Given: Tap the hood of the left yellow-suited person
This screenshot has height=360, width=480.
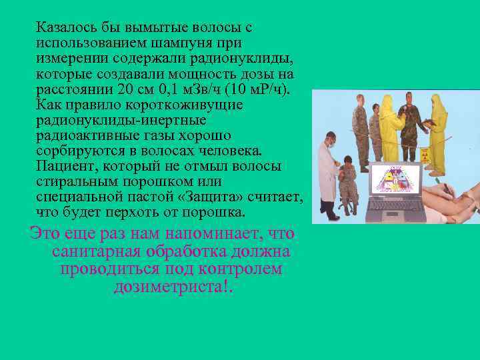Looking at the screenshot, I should pyautogui.click(x=390, y=100).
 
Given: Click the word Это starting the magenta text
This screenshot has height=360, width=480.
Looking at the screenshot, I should pyautogui.click(x=43, y=235).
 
